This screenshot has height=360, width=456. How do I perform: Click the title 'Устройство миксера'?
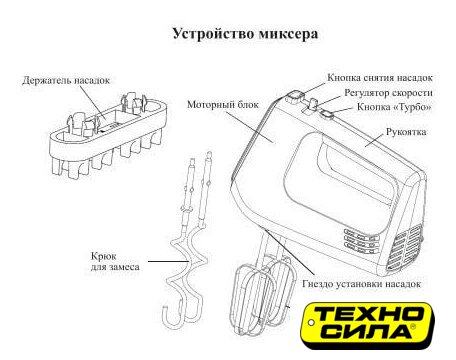245,34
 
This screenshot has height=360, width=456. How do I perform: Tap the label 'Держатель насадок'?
66,80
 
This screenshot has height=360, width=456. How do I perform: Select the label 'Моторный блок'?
223,105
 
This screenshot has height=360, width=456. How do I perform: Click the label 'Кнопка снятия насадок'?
380,78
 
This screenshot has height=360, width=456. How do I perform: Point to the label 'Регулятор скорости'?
388,93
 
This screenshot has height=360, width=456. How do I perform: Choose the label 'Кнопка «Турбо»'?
394,107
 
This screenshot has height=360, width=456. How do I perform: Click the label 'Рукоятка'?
406,132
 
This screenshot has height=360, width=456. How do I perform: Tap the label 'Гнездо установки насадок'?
361,284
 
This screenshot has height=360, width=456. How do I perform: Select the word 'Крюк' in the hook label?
104,257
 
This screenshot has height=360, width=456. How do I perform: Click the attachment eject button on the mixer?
294,97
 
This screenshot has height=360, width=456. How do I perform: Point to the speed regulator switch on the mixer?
313,104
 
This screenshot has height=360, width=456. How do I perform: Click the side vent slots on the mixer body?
361,239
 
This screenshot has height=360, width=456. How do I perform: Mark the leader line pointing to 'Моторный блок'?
249,126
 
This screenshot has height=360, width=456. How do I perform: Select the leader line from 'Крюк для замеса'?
169,261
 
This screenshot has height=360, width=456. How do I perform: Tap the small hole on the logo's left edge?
311,323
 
